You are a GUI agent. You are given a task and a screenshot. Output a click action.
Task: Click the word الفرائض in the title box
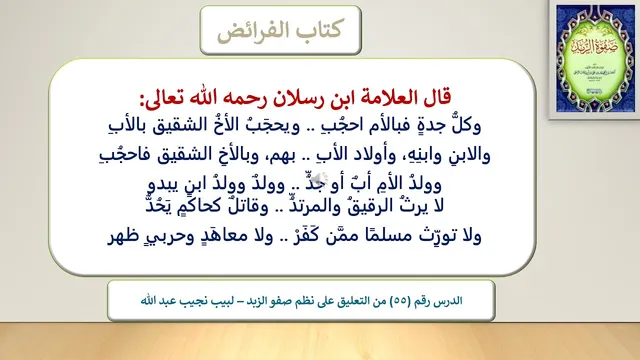coord(250,30)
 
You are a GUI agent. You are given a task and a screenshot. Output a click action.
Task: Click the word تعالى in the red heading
coord(162,99)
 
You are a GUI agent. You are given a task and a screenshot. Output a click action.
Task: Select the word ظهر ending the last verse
coord(122,236)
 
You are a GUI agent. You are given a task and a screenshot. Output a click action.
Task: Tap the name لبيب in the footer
coord(222,301)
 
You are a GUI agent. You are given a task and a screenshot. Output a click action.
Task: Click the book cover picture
coord(596,58)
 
